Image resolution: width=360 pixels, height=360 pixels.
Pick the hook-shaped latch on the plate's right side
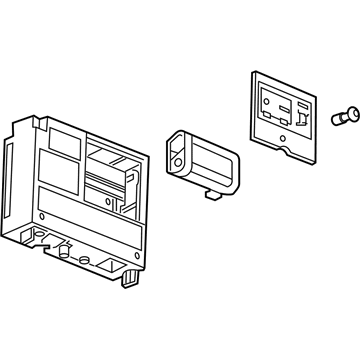tap(298, 120)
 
